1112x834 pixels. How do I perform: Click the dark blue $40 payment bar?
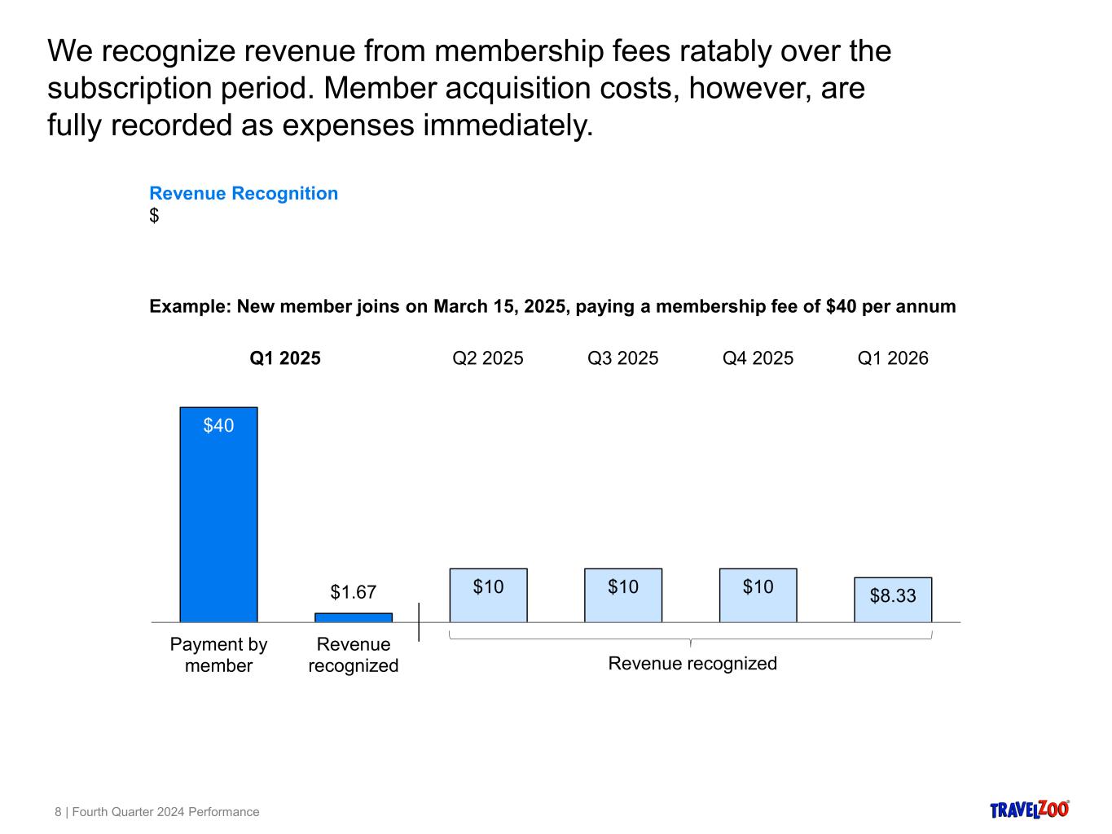coord(218,515)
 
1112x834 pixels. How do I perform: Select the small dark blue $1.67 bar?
coord(354,617)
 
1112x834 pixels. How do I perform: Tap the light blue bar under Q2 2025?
coord(488,595)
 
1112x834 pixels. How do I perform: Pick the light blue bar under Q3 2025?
coord(623,595)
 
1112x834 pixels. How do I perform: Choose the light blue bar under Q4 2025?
coord(758,595)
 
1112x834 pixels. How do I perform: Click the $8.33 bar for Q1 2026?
coord(893,600)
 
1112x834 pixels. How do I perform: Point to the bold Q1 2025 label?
coord(285,358)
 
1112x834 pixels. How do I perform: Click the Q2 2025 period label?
coord(488,358)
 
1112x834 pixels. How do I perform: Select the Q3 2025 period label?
coord(623,358)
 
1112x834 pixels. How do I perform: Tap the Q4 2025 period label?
coord(758,358)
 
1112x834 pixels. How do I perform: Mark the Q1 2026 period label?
coord(893,358)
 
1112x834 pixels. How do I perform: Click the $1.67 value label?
coord(354,591)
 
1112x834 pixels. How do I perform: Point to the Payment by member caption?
coord(218,655)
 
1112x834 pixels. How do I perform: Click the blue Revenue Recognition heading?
coord(244,194)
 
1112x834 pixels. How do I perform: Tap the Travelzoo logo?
coord(1030,809)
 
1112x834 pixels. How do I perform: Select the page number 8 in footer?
coord(58,812)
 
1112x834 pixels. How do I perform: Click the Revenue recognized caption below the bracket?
coord(692,664)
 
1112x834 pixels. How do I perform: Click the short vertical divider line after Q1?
coord(419,622)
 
